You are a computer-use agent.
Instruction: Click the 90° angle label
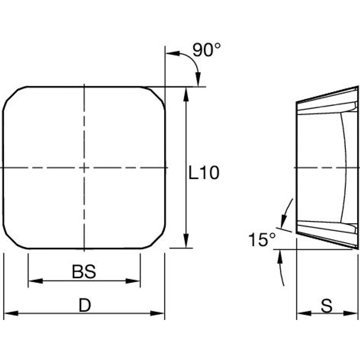pos(206,50)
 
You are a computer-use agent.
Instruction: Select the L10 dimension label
pos(204,173)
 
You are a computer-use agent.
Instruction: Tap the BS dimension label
pos(84,272)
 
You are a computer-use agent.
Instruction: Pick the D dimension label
pos(85,306)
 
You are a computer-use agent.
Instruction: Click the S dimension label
pos(326,306)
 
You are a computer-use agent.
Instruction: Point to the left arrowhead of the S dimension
pos(303,313)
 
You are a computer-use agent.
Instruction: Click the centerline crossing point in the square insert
pos(84,168)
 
